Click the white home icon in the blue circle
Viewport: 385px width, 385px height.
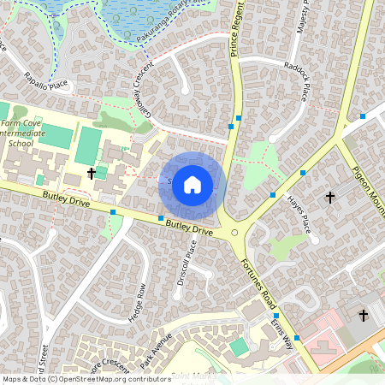pos(192,185)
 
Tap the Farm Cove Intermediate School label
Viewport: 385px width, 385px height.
pos(28,133)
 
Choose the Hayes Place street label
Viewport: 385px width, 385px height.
pos(298,215)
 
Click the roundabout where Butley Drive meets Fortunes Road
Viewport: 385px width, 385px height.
pos(234,233)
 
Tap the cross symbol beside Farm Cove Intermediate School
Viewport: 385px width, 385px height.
pos(92,174)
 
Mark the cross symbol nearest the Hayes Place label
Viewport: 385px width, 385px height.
pos(330,198)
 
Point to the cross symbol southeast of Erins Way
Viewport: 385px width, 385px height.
pos(363,316)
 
